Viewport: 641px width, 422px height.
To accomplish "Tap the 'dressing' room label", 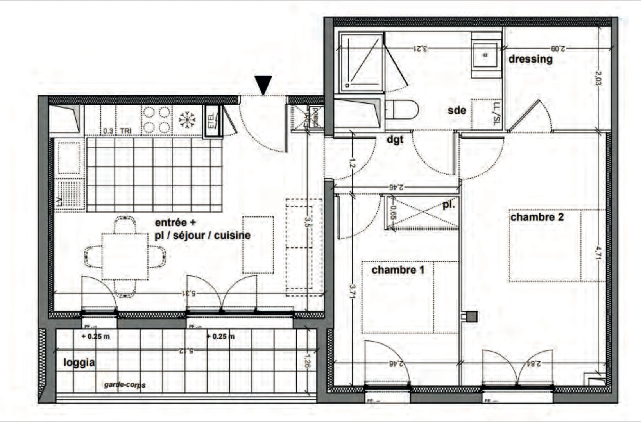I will tap(530, 59).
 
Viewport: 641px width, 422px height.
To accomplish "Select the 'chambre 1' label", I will tap(397, 270).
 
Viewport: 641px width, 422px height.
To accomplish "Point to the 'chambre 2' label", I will tap(537, 217).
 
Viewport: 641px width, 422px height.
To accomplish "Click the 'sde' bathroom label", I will tap(457, 111).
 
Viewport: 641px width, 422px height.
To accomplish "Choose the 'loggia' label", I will tap(79, 363).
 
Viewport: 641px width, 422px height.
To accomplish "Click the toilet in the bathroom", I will tap(403, 109).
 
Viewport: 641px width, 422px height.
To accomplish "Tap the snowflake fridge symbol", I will tap(187, 120).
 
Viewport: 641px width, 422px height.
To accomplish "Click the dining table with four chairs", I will tap(125, 257).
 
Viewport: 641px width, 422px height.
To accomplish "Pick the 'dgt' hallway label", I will tap(395, 139).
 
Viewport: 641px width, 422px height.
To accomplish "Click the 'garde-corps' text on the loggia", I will tap(125, 385).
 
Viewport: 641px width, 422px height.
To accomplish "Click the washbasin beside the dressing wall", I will tap(486, 55).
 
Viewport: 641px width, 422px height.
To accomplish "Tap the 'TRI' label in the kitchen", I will tap(125, 131).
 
